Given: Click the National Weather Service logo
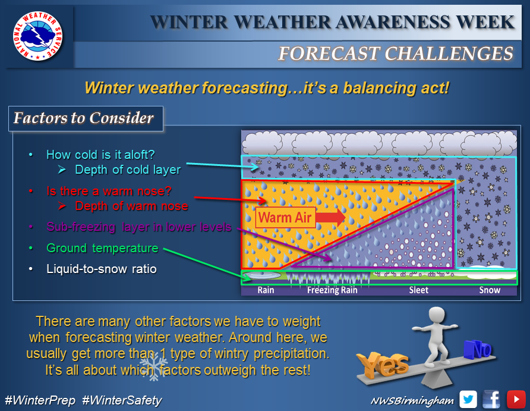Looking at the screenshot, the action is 37,36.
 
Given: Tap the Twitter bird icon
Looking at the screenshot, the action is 468,399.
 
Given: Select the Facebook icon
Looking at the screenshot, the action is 491,399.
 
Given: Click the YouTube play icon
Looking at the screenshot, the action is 516,399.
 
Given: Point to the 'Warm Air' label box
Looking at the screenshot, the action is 285,218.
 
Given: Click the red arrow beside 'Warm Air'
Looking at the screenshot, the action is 331,217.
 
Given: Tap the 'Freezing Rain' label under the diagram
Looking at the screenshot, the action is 332,290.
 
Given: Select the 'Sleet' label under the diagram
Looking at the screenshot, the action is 418,290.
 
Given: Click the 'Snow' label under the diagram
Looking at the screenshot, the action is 490,290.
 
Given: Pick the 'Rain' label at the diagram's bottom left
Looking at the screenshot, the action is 266,290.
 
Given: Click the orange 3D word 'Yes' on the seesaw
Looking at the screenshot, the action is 383,364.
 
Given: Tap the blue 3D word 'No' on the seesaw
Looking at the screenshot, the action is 478,349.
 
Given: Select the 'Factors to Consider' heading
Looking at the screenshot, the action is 84,118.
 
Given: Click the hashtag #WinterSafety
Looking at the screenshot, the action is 122,400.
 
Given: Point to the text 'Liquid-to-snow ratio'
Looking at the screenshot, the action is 102,269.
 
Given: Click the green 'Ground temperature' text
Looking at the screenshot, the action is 102,248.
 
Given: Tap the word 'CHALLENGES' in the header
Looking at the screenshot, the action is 449,54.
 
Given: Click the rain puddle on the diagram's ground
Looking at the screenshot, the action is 262,275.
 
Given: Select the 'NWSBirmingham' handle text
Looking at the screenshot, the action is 412,401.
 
